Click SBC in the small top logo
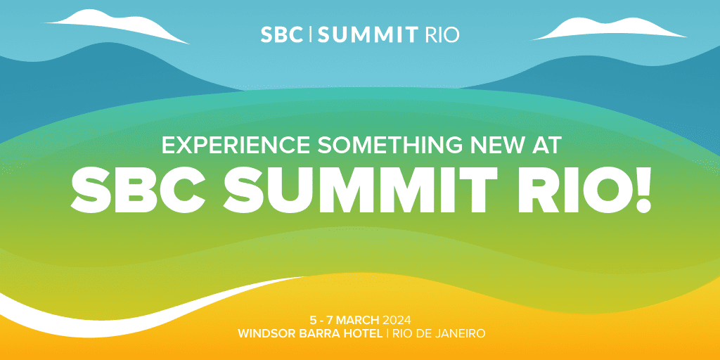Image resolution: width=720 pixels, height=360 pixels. point(282,35)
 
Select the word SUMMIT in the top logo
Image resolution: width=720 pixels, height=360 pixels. point(367,35)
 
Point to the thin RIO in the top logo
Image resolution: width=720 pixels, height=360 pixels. point(442,35)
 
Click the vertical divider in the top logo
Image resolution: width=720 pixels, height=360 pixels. point(311,35)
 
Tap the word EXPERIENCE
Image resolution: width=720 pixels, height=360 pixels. point(236,145)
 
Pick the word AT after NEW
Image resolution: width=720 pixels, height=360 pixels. point(545,145)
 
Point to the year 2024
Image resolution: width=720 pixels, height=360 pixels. point(397,319)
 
